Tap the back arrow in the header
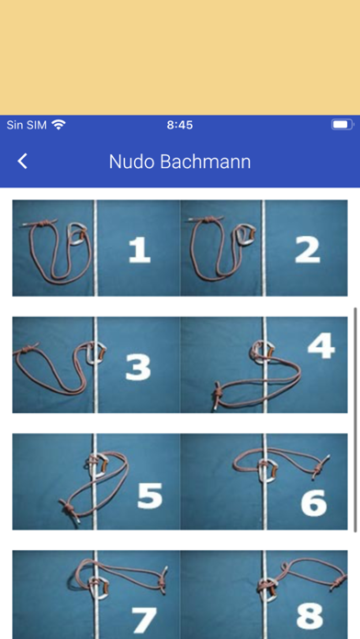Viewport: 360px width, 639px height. (22, 162)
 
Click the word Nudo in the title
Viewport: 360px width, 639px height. (131, 162)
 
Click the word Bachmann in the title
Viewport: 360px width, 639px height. (205, 162)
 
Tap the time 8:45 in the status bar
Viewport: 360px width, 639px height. (180, 125)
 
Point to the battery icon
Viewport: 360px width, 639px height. (343, 125)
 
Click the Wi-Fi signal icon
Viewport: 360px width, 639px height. (59, 124)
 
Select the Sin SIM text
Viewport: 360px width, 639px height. (27, 125)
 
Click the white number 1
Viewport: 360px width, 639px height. (139, 251)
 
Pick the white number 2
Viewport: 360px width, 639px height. (308, 250)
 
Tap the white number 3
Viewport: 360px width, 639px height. (138, 367)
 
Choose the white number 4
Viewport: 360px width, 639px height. (321, 346)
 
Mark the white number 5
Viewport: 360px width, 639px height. (150, 496)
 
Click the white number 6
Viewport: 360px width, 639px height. (314, 503)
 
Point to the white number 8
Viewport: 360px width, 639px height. (309, 616)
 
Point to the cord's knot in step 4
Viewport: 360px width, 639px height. (217, 393)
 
